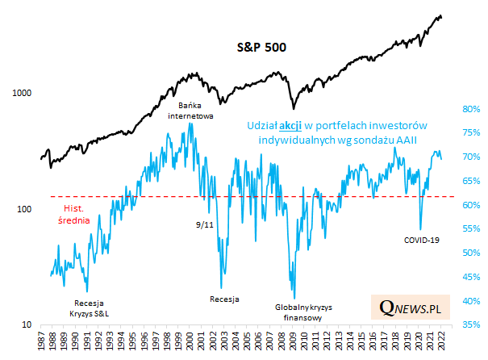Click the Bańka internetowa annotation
coord(190,111)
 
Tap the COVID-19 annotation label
coord(422,240)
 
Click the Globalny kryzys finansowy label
coord(303,312)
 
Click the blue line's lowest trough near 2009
coord(294,299)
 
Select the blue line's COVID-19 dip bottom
coord(420,229)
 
